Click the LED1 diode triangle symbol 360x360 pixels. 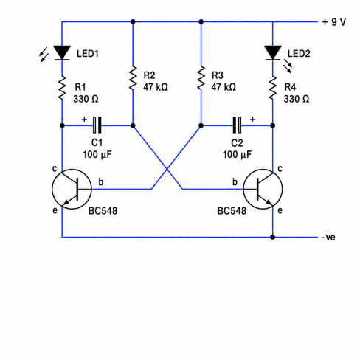click(x=62, y=52)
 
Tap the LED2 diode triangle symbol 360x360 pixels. click(x=273, y=52)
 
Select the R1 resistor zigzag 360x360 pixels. click(x=62, y=88)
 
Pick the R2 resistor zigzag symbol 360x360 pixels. click(x=133, y=77)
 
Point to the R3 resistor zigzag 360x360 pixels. click(x=201, y=77)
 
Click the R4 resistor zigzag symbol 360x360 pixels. click(x=273, y=88)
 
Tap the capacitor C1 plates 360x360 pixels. click(x=97, y=125)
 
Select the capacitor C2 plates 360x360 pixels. click(x=238, y=125)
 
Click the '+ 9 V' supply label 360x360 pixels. click(x=334, y=22)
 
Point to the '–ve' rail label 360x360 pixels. click(x=328, y=238)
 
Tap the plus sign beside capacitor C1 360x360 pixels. click(x=84, y=120)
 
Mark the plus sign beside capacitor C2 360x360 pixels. click(x=252, y=120)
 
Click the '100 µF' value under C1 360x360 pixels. click(x=97, y=155)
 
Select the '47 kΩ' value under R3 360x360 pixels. click(x=224, y=87)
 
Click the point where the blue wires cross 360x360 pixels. click(x=167, y=169)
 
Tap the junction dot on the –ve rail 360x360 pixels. click(x=273, y=237)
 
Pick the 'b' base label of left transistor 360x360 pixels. click(x=101, y=182)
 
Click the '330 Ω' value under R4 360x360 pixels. click(x=297, y=99)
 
